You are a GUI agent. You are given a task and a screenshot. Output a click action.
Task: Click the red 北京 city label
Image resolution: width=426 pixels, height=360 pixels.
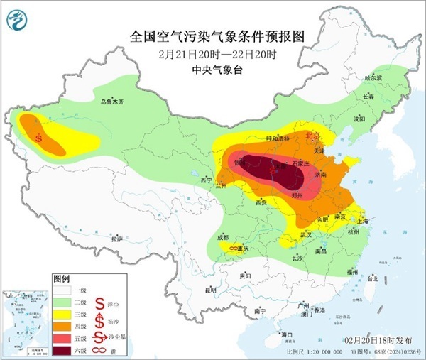point(313,134)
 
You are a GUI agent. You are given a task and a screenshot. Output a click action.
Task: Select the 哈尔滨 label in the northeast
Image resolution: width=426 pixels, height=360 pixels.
point(373,77)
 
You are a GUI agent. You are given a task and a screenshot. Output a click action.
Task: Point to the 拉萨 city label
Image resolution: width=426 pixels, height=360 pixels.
point(118,239)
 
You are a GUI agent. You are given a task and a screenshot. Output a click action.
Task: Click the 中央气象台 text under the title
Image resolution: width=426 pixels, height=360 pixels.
point(213,69)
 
